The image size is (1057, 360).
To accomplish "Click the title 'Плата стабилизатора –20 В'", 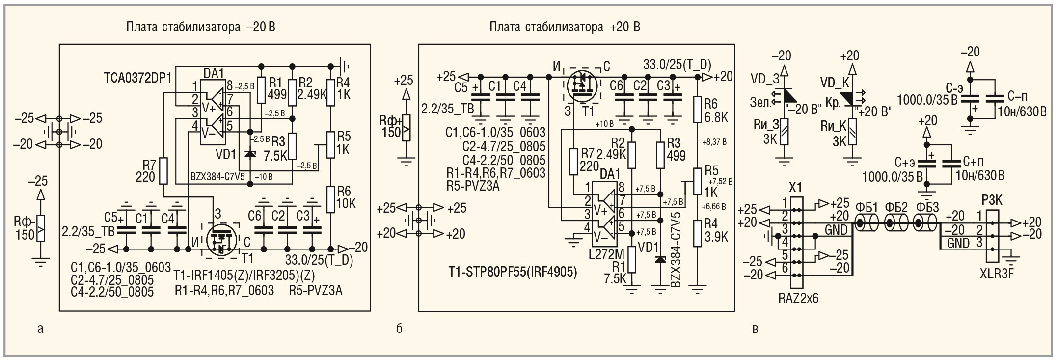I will (x=200, y=27).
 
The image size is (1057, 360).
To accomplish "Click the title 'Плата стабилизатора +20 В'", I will (x=565, y=27).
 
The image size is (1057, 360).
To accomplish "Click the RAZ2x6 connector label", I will (x=798, y=298).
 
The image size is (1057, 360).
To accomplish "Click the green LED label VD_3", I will (x=765, y=78).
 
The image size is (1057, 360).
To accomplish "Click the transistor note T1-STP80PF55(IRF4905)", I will (x=513, y=272).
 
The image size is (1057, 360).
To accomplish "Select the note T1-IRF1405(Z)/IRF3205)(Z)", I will (x=244, y=274).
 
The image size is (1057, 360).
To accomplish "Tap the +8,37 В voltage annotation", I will (x=715, y=142).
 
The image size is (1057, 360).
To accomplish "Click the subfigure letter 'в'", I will (x=755, y=329).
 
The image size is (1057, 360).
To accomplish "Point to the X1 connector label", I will (x=795, y=187).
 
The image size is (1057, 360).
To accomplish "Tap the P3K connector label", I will (x=992, y=200).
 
